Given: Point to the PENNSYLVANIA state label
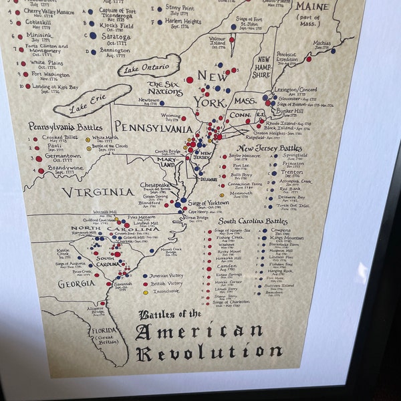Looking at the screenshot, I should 153,127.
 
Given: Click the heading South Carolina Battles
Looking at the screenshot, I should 254,221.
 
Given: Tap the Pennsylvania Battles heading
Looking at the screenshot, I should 65,126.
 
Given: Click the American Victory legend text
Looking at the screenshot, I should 166,275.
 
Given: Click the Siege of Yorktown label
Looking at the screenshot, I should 208,203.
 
